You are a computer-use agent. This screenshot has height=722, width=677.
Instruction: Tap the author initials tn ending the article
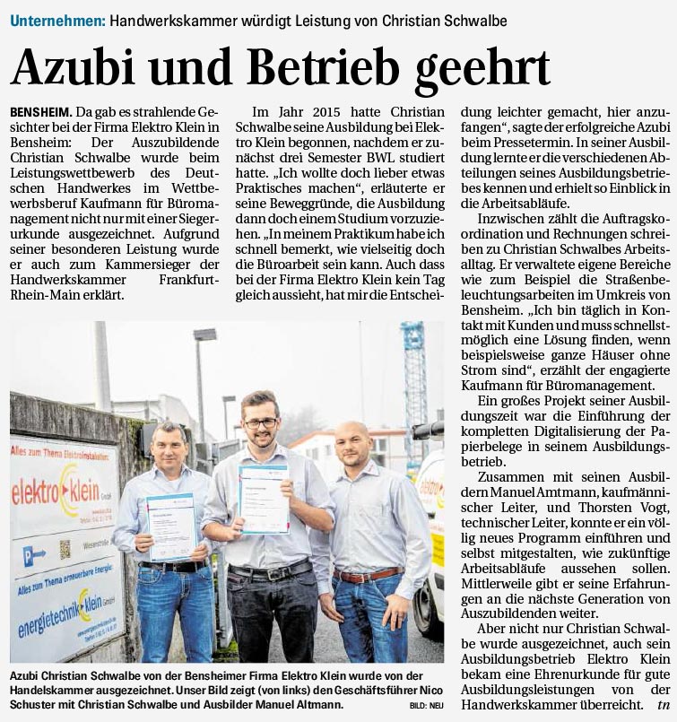tap(663, 704)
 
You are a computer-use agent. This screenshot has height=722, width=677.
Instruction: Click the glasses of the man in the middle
tap(259, 424)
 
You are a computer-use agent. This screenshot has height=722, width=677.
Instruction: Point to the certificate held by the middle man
tap(264, 499)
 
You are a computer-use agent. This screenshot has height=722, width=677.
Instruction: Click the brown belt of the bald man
tap(367, 575)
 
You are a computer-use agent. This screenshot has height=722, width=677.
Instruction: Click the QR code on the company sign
tap(65, 549)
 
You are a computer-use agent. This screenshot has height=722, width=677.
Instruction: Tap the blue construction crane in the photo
tap(414, 377)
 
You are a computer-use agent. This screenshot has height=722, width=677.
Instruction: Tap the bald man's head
tap(353, 439)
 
